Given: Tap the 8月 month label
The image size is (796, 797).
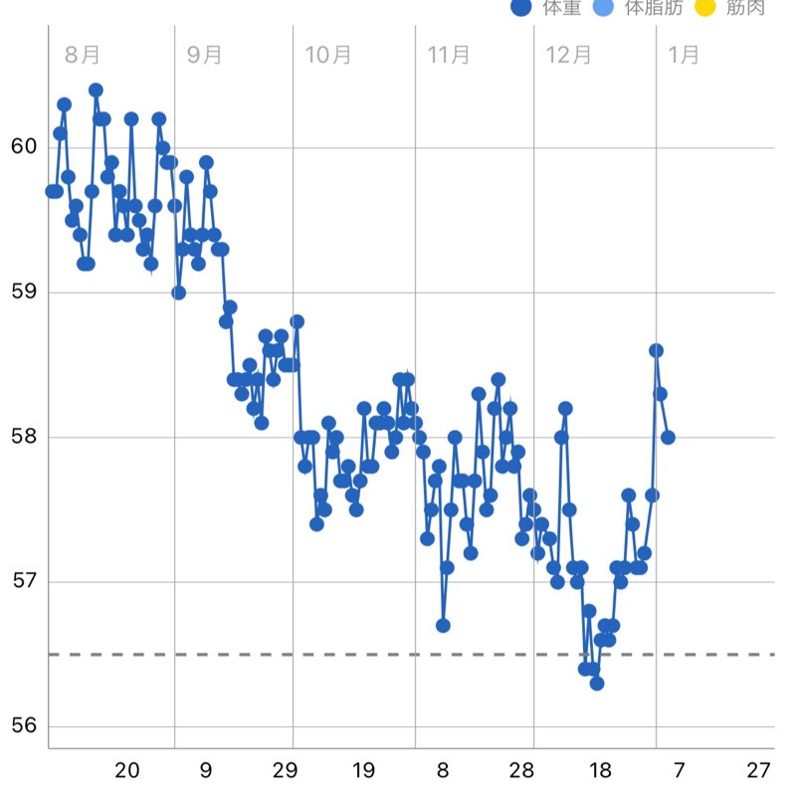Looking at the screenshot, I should point(83,55).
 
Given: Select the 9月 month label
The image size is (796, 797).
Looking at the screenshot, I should point(205,55).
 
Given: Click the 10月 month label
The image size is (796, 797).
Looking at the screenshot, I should point(328,55).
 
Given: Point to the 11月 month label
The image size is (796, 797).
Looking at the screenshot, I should point(448,55).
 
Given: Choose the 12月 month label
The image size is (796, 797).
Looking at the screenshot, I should point(569,55).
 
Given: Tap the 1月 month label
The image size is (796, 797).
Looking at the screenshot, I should point(684,55).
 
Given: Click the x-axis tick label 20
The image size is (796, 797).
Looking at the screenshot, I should point(126,770).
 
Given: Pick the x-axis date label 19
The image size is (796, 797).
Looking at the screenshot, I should point(363,770).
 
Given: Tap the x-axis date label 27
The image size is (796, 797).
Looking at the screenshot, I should point(759,770).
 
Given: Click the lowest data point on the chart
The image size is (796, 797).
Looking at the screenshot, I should point(597,683).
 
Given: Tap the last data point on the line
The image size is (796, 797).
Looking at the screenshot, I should point(668,437).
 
